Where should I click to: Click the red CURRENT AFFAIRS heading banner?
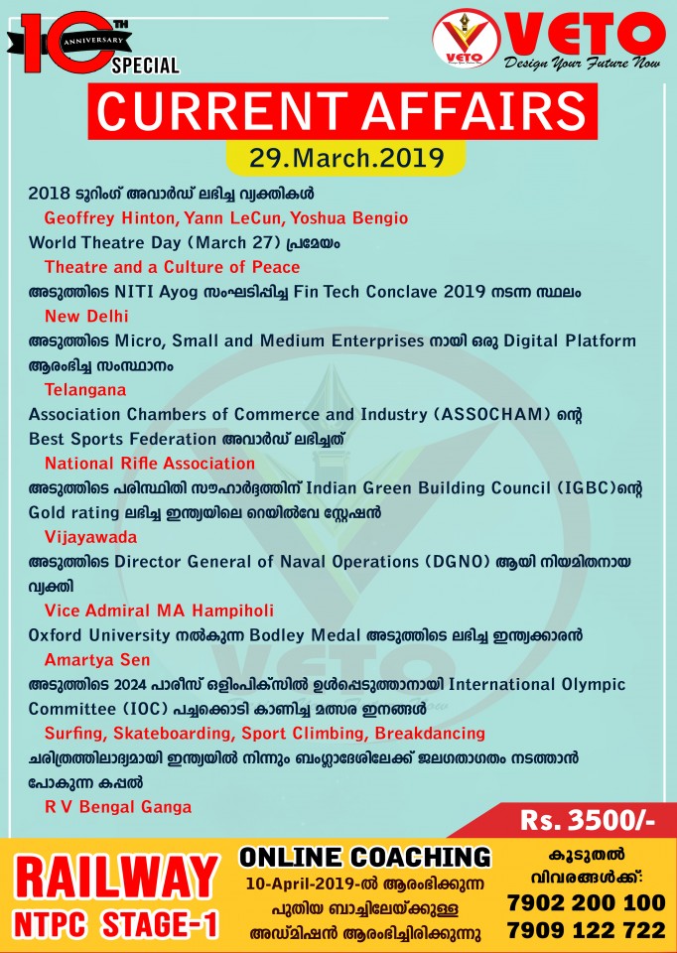[x=338, y=110]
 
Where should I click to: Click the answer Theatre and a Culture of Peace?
[x=172, y=267]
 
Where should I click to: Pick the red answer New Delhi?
[x=86, y=316]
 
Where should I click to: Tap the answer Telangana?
[x=85, y=390]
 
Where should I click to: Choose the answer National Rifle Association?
[x=150, y=464]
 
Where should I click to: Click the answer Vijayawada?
[x=90, y=537]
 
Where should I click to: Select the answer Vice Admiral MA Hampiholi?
[x=159, y=610]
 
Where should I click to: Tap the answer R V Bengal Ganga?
[x=118, y=806]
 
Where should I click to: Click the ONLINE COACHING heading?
[x=365, y=857]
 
